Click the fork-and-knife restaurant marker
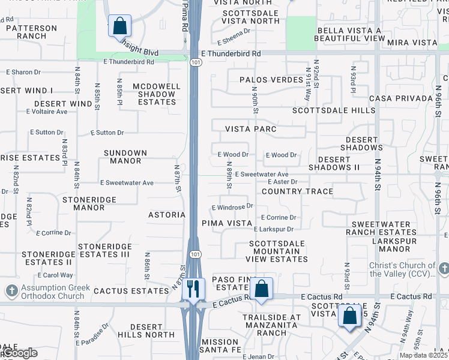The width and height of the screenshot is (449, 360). click(193, 289)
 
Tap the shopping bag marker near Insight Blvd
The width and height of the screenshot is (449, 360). click(119, 26)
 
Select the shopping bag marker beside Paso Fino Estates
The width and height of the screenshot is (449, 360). click(262, 289)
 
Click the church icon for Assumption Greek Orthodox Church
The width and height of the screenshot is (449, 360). click(11, 292)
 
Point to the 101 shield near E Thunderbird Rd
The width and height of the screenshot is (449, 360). click(194, 62)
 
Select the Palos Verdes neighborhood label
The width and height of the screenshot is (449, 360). click(271, 80)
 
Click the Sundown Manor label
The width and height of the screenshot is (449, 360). click(125, 157)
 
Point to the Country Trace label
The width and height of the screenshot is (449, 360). click(297, 191)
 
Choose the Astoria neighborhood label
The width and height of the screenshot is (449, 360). click(167, 214)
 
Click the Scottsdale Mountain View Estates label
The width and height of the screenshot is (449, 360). click(277, 251)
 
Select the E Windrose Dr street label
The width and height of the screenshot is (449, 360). click(232, 207)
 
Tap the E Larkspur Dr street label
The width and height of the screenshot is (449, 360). click(273, 229)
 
